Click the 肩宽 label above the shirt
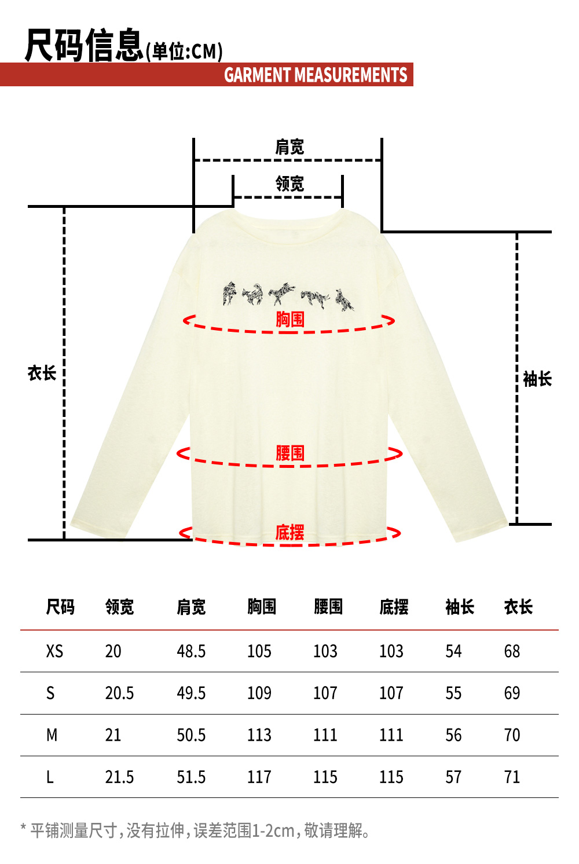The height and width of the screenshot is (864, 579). [x=289, y=147]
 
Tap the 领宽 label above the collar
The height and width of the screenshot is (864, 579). [x=289, y=184]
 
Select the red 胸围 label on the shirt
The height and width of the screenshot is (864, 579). [x=289, y=319]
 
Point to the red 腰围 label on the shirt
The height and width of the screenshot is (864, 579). [x=289, y=453]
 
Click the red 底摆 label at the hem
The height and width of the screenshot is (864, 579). [x=289, y=532]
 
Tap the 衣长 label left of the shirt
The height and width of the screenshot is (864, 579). [x=42, y=373]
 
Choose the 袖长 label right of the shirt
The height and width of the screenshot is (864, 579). [x=537, y=379]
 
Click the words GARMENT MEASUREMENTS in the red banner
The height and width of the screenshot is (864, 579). [x=316, y=75]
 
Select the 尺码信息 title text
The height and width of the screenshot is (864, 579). [x=84, y=45]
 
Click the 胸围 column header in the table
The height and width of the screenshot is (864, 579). [x=262, y=607]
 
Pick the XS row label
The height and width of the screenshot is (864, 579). [x=54, y=651]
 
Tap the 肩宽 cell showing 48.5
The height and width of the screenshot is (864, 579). [x=191, y=651]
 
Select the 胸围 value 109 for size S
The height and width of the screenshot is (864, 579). [x=259, y=693]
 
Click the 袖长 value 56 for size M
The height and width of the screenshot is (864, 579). [x=453, y=735]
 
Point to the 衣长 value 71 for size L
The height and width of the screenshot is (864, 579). [x=512, y=777]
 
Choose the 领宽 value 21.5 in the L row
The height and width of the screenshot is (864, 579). [x=119, y=777]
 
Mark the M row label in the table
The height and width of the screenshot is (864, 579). [x=52, y=735]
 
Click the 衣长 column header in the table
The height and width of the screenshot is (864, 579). [x=518, y=607]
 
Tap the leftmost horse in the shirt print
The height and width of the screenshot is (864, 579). [x=230, y=294]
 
